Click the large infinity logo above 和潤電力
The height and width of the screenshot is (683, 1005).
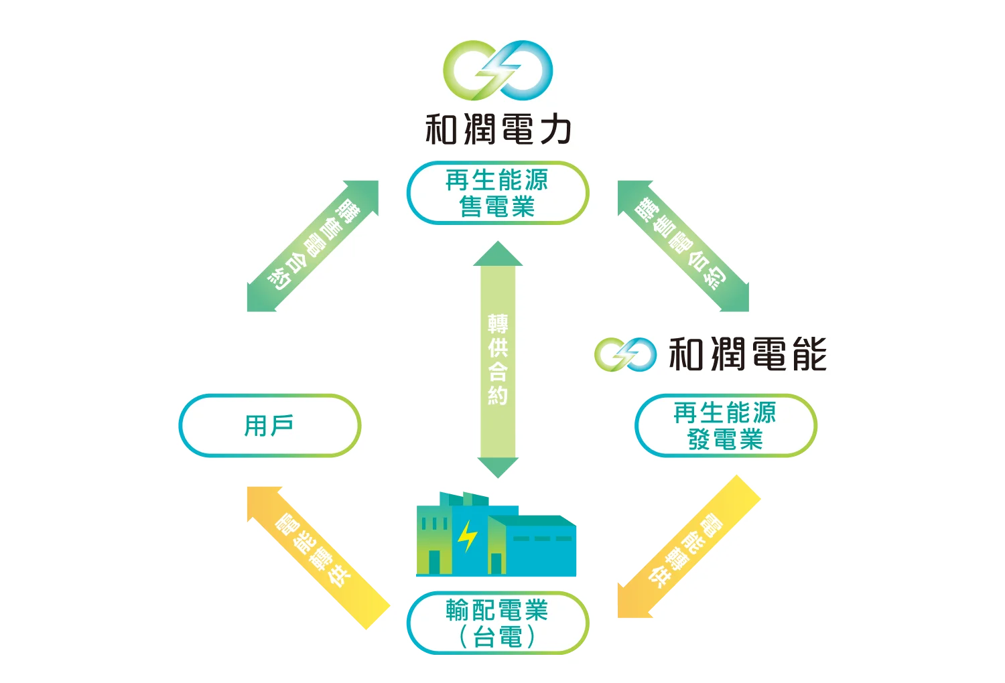click(x=498, y=70)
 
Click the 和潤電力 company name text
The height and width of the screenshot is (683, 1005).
click(x=498, y=129)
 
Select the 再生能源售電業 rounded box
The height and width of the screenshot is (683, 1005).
click(x=498, y=193)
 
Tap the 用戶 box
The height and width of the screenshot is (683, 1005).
click(x=269, y=426)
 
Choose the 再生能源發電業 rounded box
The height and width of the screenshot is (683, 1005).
click(x=725, y=426)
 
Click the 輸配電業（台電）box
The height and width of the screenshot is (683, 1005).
click(x=498, y=623)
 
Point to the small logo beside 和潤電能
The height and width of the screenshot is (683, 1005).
click(x=625, y=354)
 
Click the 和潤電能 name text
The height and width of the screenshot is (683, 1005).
click(x=748, y=354)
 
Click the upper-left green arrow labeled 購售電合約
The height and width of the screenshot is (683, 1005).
click(x=313, y=246)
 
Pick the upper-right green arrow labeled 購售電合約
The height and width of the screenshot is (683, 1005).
click(x=683, y=246)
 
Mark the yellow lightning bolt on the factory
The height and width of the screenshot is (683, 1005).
click(x=467, y=536)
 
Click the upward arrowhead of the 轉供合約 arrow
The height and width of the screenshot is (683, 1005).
click(x=498, y=255)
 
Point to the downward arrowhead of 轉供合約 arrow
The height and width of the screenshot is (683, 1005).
click(x=498, y=467)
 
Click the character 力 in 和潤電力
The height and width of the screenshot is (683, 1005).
click(x=555, y=129)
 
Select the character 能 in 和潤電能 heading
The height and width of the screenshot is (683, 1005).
click(x=809, y=354)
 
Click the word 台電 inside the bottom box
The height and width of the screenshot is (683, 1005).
click(x=497, y=637)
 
